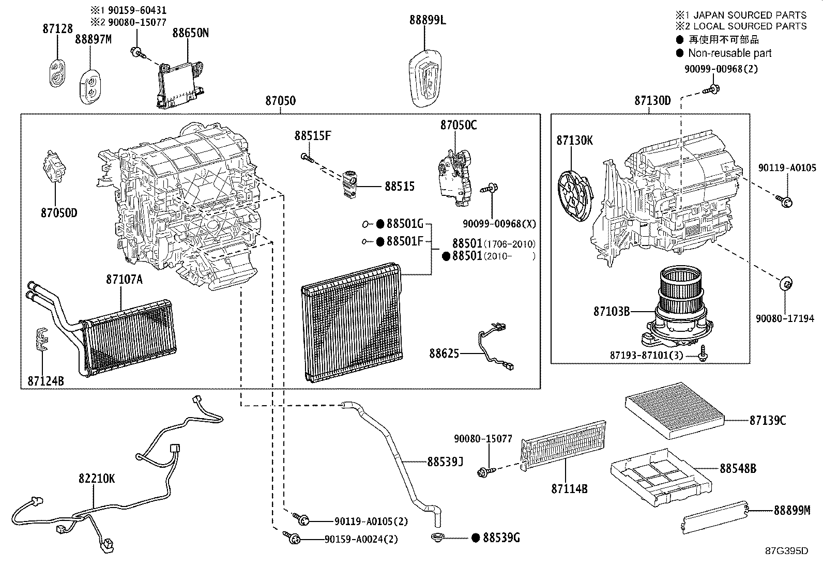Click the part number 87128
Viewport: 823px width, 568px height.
(58, 28)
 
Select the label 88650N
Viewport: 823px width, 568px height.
(190, 33)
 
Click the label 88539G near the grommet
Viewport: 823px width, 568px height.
(501, 538)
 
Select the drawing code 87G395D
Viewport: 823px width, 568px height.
(787, 551)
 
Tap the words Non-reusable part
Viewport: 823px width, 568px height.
(729, 53)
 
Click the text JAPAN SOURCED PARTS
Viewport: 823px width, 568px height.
(750, 15)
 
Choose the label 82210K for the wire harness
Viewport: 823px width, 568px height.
(97, 479)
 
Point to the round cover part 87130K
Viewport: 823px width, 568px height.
(575, 195)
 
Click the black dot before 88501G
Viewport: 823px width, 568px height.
(380, 223)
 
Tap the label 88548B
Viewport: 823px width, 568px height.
(738, 468)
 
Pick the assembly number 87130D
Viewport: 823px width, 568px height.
(652, 100)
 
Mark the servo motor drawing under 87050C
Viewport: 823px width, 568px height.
(455, 177)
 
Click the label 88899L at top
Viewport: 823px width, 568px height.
(428, 20)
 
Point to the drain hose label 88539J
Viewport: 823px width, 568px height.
(445, 462)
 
